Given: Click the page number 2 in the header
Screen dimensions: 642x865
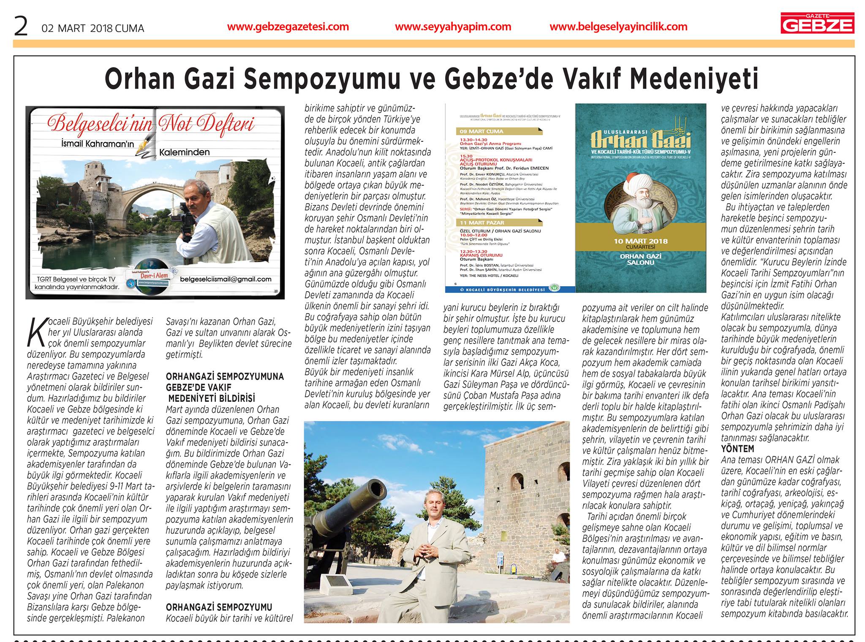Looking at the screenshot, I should (21, 27).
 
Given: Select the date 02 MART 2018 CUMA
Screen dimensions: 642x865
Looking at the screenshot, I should (93, 28).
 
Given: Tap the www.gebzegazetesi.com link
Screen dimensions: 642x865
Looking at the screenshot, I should (288, 27).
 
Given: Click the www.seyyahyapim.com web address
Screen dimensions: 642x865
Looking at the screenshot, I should (453, 27).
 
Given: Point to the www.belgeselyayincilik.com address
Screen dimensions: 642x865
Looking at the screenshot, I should (619, 27).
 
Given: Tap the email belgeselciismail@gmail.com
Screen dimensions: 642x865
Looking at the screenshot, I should (226, 279).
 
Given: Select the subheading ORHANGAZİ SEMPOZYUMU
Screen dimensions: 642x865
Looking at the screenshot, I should (219, 607).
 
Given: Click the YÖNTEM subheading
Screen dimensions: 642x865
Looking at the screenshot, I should (737, 449).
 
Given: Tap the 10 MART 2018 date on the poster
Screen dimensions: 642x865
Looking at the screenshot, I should (640, 241).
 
